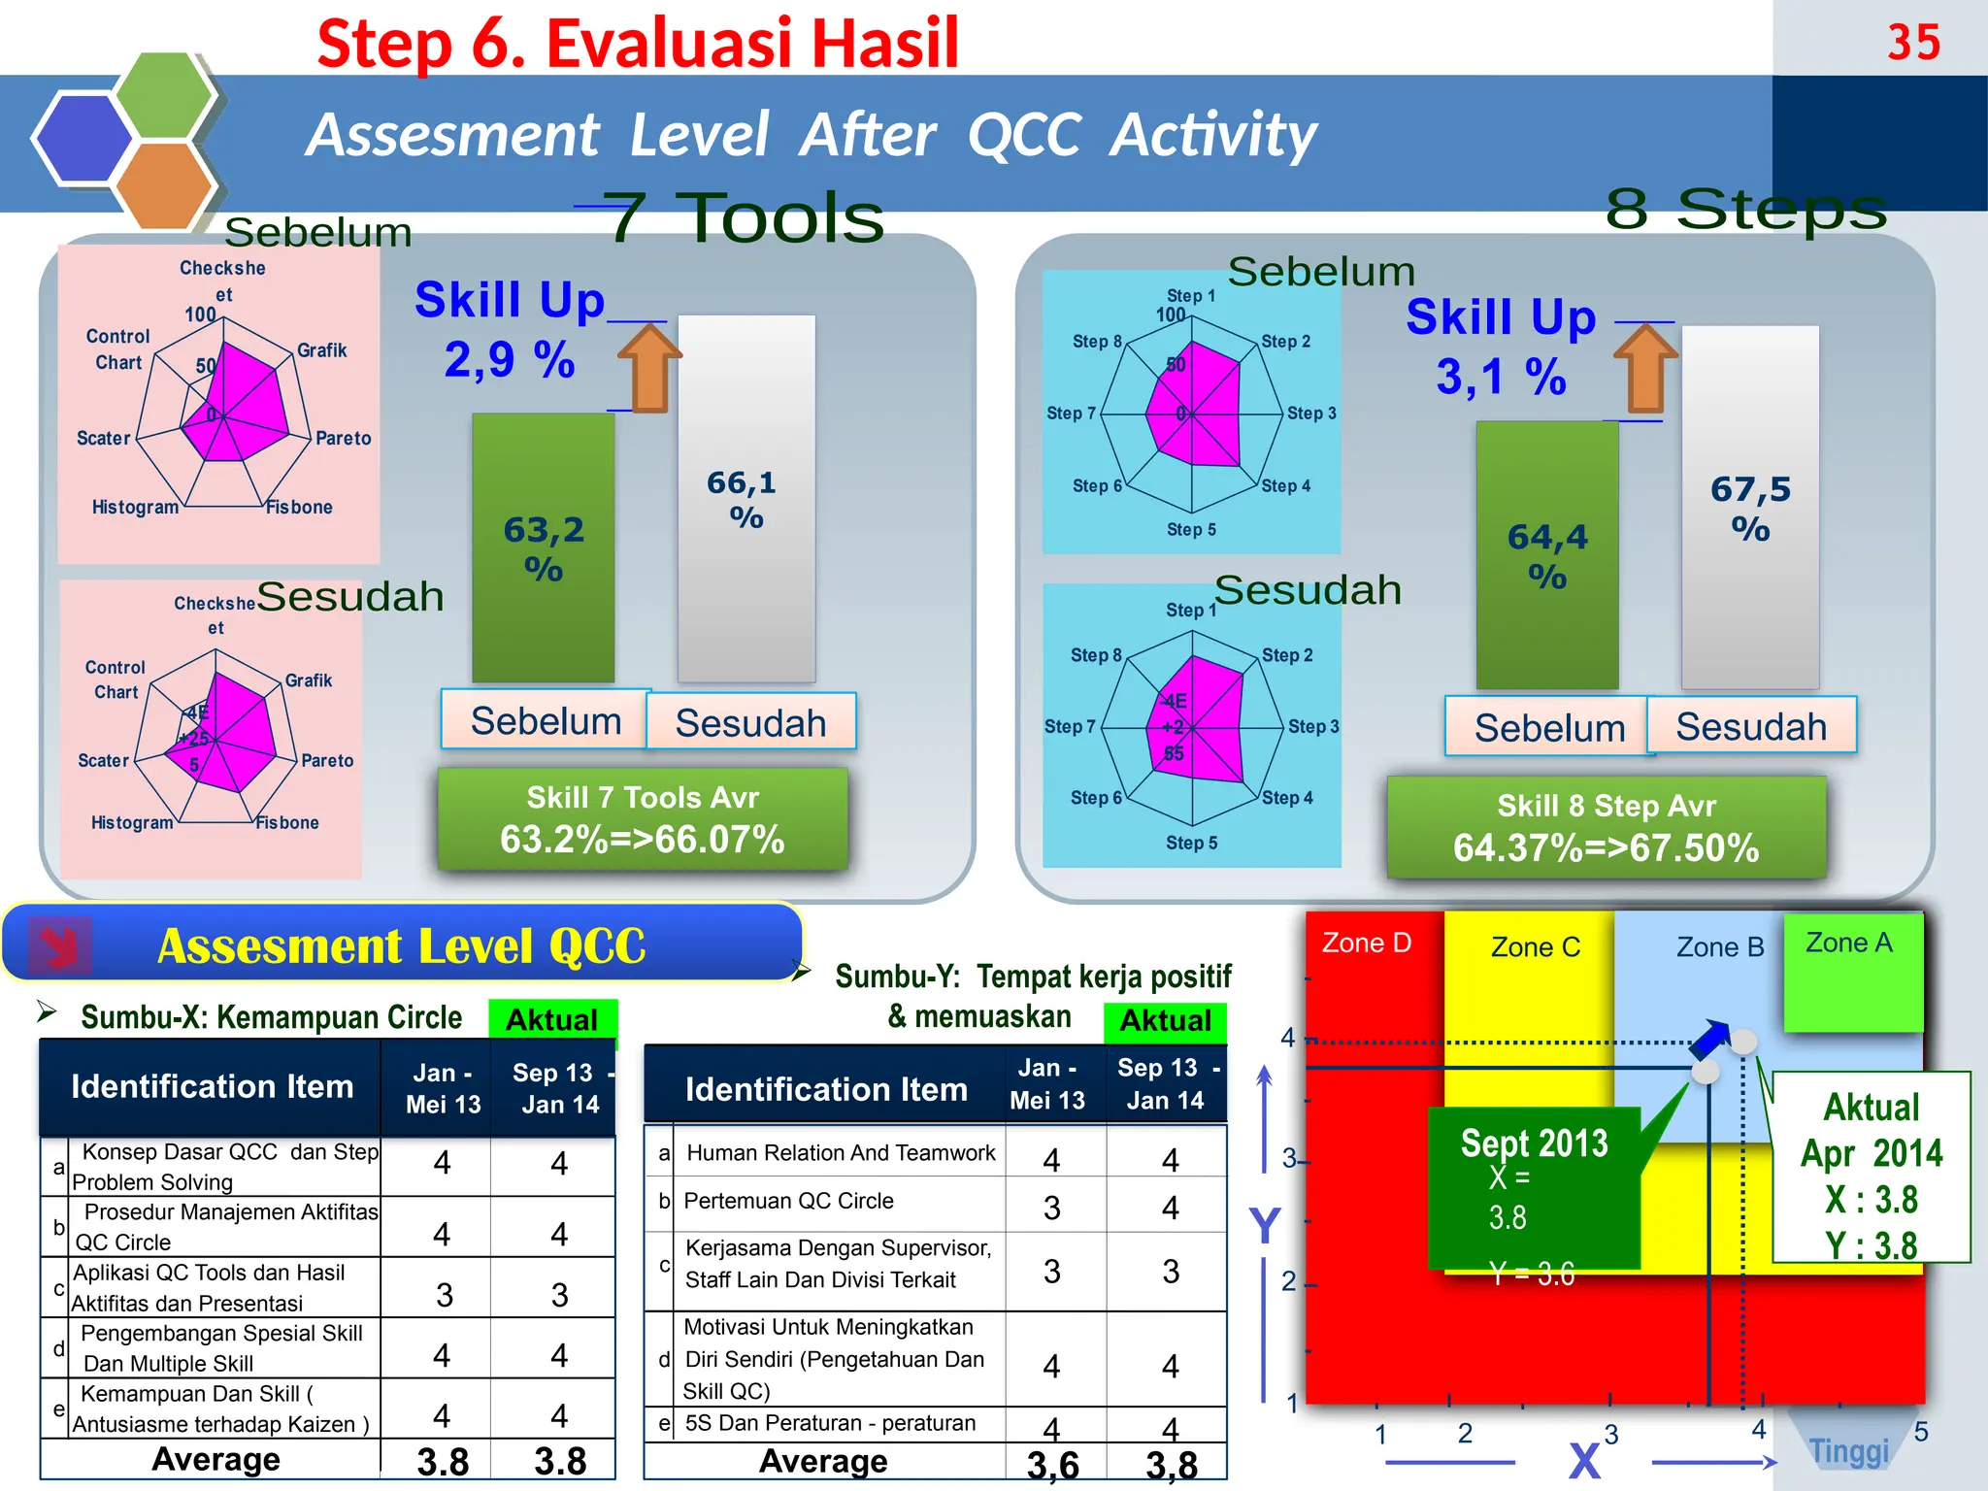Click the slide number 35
coord(1913,43)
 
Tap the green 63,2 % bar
coord(543,548)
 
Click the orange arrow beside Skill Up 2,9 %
coord(649,368)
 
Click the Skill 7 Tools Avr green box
coord(642,819)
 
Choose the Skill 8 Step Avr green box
coord(1606,828)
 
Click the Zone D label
coord(1366,944)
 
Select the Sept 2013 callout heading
coord(1534,1143)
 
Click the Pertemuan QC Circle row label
coord(788,1202)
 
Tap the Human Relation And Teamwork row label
coord(841,1153)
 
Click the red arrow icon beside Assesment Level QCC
coord(60,944)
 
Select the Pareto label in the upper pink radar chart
coord(343,439)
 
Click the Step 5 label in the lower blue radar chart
coord(1191,843)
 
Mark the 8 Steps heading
coord(1745,209)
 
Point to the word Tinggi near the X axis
coord(1849,1451)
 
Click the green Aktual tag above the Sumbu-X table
coord(551,1019)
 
